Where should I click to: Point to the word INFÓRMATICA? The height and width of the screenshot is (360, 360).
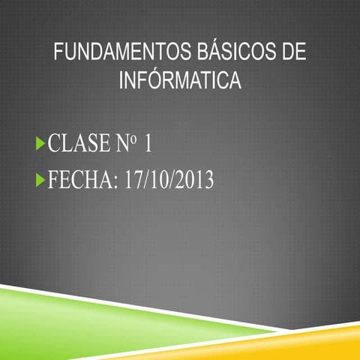click(x=180, y=80)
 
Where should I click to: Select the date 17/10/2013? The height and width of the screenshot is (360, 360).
click(x=169, y=180)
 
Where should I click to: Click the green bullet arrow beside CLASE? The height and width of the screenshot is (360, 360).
click(x=40, y=142)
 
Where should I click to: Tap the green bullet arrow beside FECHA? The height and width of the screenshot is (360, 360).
click(x=40, y=181)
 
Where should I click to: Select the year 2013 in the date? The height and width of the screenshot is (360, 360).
click(x=196, y=180)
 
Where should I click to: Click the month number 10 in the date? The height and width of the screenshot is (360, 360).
click(x=161, y=180)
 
